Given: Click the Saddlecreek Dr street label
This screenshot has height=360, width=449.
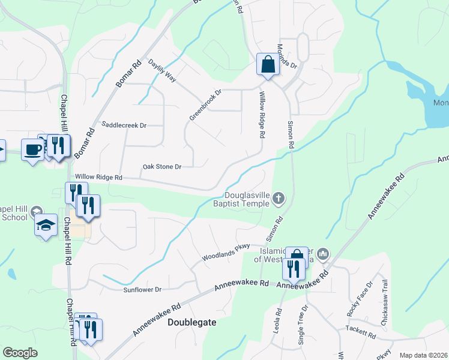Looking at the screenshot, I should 124,125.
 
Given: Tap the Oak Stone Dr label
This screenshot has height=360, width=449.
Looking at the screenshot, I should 161,167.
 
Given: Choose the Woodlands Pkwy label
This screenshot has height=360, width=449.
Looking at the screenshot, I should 226,253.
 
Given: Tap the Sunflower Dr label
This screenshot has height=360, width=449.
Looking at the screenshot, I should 142,290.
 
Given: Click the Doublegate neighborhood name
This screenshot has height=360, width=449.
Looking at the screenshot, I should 191,322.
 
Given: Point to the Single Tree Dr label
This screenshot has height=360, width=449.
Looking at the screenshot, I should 303,325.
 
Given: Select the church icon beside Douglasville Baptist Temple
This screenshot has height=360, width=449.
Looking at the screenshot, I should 278,197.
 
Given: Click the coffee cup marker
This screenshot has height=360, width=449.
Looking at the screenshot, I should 31,149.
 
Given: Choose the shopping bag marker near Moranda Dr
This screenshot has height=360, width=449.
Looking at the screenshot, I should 267,64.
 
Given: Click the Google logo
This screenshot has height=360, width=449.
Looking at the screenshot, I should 20,353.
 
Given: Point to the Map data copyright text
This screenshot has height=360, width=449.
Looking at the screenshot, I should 423,355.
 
